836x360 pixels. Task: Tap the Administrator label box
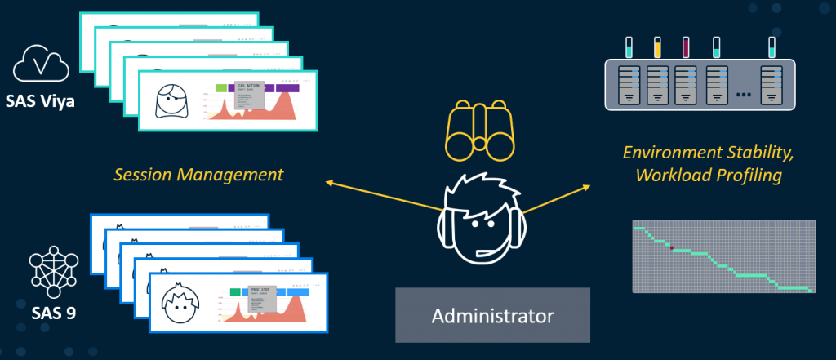click(x=492, y=315)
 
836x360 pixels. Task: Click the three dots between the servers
click(x=743, y=96)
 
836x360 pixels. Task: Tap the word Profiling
click(x=751, y=175)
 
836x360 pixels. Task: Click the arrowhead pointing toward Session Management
click(x=330, y=183)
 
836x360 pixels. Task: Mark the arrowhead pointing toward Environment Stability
click(x=585, y=189)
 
